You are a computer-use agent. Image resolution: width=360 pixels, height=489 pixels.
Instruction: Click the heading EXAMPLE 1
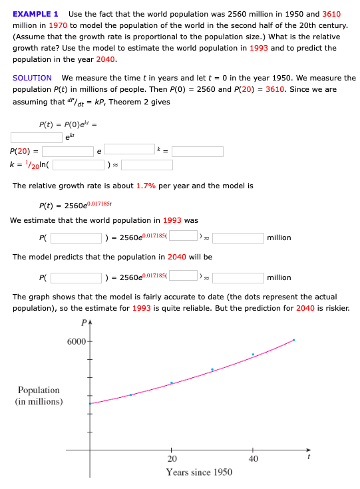[x=35, y=14]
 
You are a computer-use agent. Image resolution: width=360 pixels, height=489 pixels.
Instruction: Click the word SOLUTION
[x=32, y=78]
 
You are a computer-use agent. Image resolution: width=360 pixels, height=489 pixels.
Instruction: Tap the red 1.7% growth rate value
[x=146, y=186]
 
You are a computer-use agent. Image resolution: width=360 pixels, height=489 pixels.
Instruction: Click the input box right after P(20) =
[x=68, y=152]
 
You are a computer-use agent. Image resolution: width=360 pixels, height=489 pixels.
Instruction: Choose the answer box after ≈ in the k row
[x=146, y=165]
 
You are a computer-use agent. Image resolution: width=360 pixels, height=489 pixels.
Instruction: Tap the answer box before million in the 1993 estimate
[x=238, y=238]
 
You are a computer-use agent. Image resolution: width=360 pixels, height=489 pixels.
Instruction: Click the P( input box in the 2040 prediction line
[x=77, y=277]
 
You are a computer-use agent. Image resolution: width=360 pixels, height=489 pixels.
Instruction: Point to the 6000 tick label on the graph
[x=76, y=341]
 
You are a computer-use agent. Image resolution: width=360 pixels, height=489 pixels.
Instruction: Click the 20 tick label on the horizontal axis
[x=172, y=459]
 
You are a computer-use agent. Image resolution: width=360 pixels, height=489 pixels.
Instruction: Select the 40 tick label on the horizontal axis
[x=253, y=459]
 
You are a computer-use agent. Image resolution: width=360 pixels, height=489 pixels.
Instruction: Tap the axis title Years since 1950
[x=199, y=472]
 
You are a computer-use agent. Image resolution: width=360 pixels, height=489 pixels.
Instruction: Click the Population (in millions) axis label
[x=39, y=395]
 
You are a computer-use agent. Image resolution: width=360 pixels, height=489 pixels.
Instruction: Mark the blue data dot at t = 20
[x=172, y=383]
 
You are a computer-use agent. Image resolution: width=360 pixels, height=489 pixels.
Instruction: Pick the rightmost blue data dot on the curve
[x=293, y=340]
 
